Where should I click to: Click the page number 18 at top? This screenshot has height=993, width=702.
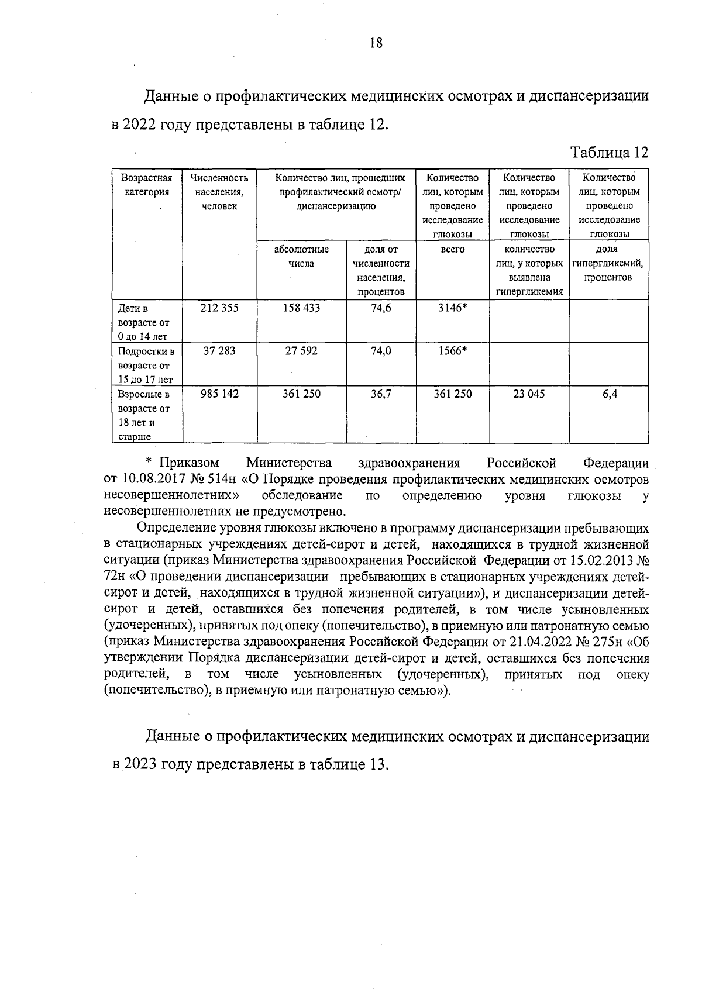[x=376, y=43]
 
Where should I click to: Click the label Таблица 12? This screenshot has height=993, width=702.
[x=610, y=153]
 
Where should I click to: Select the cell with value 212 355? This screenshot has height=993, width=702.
[x=219, y=308]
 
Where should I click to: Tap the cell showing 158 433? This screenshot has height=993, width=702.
[x=301, y=308]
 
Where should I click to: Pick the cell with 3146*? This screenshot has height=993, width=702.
[x=452, y=308]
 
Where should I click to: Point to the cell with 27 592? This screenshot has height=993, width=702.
[x=301, y=351]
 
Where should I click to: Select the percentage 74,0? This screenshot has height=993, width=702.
[x=381, y=351]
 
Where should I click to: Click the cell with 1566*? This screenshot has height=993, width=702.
[x=452, y=351]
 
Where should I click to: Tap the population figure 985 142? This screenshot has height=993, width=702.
[x=219, y=394]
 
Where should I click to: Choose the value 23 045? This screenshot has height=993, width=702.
[x=529, y=394]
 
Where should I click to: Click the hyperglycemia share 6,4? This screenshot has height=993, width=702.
[x=610, y=394]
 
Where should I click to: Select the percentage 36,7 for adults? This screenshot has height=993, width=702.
[x=381, y=394]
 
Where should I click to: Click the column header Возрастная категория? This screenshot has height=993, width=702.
[x=146, y=185]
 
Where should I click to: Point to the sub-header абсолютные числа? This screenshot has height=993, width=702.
[x=301, y=256]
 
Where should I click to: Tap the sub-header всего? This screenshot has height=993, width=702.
[x=452, y=250]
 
